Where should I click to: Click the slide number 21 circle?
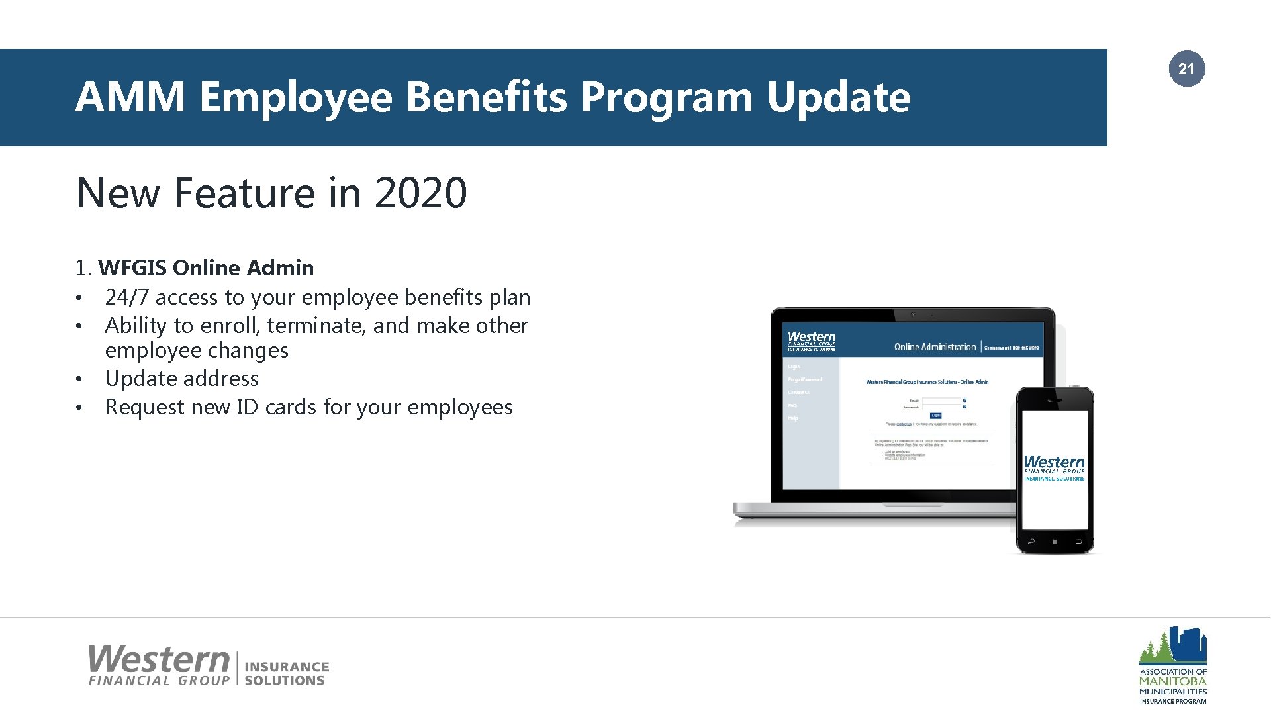pos(1186,69)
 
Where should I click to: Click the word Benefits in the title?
pos(487,97)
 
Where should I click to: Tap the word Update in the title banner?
pos(838,97)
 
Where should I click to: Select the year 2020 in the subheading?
pos(420,193)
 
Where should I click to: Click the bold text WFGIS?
pos(132,268)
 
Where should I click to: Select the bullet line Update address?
pos(181,379)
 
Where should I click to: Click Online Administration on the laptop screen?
pos(934,347)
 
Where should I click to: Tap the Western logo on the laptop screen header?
pos(812,340)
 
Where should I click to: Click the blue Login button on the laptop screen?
pos(935,416)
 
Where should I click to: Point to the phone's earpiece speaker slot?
pos(1055,401)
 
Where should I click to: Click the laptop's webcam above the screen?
pos(913,314)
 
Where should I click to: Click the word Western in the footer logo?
pos(159,659)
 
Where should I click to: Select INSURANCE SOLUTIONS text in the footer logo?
pos(286,673)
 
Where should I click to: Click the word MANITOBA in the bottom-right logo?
pos(1172,681)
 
